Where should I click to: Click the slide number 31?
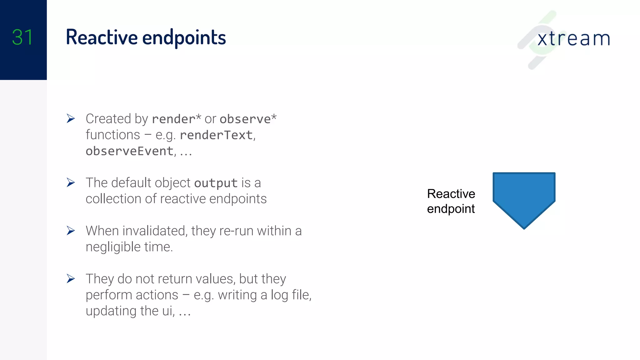[x=22, y=37]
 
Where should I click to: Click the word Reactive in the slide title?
[x=102, y=37]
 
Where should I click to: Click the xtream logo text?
[x=573, y=39]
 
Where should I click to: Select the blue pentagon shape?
[x=524, y=197]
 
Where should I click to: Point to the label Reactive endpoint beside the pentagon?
[x=451, y=201]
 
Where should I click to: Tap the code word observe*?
[x=248, y=119]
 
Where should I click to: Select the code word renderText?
[x=216, y=135]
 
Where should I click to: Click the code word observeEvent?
[x=129, y=151]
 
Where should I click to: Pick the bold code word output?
[x=216, y=183]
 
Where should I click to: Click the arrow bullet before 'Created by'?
[x=71, y=119]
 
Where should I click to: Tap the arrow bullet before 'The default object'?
[x=71, y=182]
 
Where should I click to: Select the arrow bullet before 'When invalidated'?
[x=71, y=231]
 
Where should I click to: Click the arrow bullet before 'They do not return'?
[x=71, y=278]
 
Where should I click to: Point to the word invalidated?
[x=155, y=231]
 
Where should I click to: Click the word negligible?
[x=113, y=247]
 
